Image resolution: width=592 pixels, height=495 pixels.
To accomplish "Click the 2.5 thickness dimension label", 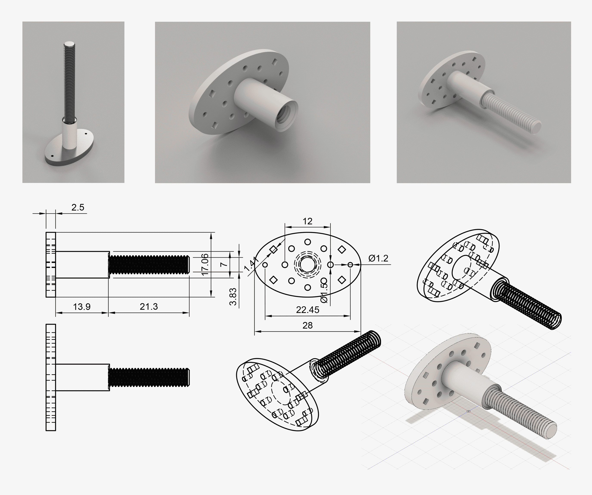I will click(x=77, y=207).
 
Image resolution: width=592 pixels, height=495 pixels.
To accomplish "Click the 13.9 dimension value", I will click(x=82, y=307).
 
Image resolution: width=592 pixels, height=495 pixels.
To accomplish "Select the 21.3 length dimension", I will click(x=149, y=307).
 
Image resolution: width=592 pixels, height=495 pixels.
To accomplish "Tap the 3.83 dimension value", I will click(x=233, y=297).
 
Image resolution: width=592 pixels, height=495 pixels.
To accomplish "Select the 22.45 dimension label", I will click(x=308, y=310).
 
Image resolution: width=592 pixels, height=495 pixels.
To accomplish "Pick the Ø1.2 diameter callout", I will click(x=378, y=258).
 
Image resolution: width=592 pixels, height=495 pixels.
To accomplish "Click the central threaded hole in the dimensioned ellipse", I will click(x=308, y=265).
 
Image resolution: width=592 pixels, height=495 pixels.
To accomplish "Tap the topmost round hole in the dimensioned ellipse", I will click(x=308, y=242).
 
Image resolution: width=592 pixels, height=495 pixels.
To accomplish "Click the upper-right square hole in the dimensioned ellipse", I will click(x=342, y=249).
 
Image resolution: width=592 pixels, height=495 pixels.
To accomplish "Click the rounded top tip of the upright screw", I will click(x=69, y=44).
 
